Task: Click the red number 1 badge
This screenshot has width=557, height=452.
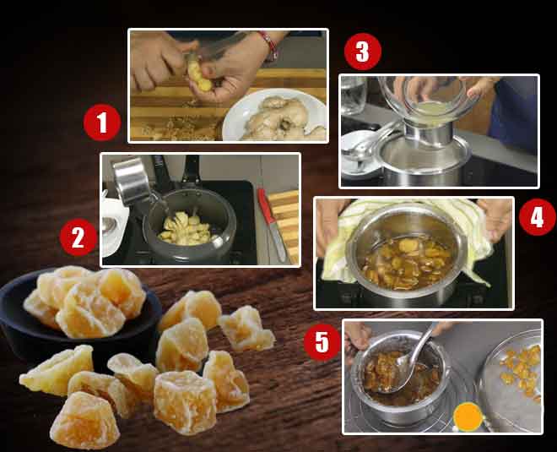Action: (x=101, y=125)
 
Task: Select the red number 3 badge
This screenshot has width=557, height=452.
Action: (x=362, y=52)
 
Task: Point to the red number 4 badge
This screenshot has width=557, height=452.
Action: (x=537, y=219)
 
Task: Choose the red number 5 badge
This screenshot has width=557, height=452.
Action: (x=322, y=342)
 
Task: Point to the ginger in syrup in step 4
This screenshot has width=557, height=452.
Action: (x=414, y=259)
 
